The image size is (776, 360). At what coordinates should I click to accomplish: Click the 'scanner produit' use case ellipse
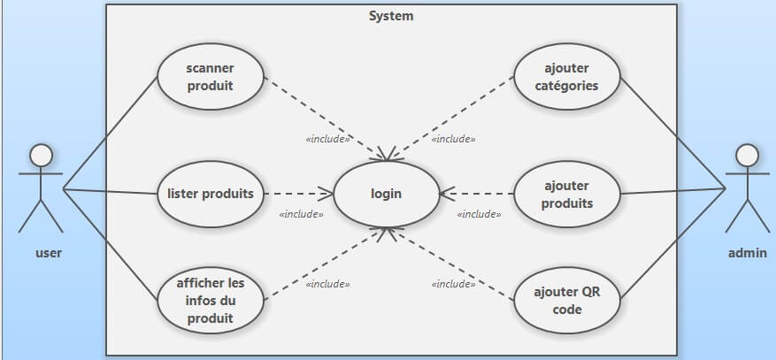[211, 77]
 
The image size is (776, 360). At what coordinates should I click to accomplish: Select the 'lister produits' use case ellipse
[211, 194]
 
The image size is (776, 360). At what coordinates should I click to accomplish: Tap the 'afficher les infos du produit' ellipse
[211, 301]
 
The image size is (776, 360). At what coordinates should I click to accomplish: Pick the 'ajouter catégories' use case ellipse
[567, 77]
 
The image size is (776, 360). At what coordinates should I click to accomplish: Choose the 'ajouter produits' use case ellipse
[567, 194]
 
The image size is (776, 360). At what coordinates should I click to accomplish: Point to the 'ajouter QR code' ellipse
[567, 301]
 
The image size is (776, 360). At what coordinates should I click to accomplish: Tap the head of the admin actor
[748, 156]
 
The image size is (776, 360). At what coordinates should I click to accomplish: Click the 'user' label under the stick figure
[48, 253]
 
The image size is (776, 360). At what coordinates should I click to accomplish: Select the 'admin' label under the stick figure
[747, 253]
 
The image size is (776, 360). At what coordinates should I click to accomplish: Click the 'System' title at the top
[390, 16]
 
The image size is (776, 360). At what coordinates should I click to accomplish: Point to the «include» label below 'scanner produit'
[327, 139]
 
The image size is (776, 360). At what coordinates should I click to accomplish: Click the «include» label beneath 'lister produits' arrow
[301, 214]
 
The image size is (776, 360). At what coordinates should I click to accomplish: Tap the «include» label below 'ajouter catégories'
[453, 139]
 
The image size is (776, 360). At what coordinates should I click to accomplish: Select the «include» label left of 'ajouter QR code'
[453, 284]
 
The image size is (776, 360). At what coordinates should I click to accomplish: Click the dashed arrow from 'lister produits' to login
[297, 194]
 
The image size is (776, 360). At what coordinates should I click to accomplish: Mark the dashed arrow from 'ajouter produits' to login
[478, 194]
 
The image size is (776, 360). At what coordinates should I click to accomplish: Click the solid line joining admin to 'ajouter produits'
[672, 192]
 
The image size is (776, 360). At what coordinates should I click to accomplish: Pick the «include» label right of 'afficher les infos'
[327, 284]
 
